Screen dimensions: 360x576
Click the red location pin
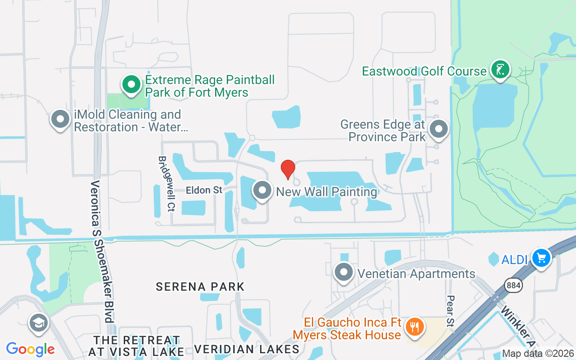coord(288,169)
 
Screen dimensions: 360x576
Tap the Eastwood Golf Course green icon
coord(499,70)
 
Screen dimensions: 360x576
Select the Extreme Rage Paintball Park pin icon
coord(131,85)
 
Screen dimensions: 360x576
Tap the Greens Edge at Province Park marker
coord(438,129)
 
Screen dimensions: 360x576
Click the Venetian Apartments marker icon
coord(344,272)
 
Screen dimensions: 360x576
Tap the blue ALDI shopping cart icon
coord(541,258)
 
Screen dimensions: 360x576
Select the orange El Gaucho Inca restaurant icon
coord(413,327)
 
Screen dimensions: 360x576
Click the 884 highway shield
coord(513,285)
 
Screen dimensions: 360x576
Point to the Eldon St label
coord(204,190)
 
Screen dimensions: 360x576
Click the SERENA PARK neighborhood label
coord(200,287)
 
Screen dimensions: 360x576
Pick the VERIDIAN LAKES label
coord(247,349)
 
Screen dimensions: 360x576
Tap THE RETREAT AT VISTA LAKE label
coord(136,346)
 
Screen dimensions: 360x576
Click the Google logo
coord(31,349)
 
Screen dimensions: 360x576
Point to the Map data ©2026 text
coord(538,353)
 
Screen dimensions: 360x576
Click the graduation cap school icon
coord(39,323)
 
